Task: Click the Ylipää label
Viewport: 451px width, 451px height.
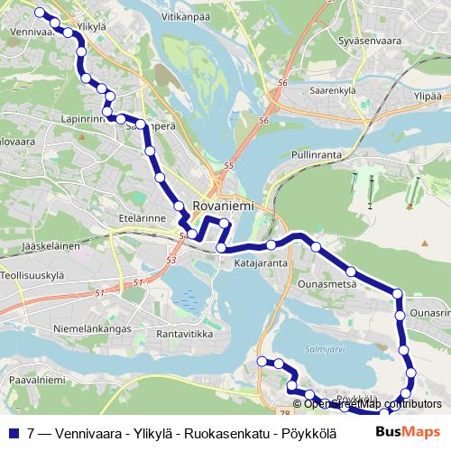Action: tap(427, 96)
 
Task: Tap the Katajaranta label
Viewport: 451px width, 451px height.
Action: tap(261, 263)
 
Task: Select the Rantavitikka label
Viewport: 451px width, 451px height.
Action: tap(184, 334)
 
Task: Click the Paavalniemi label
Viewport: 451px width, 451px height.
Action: tap(32, 381)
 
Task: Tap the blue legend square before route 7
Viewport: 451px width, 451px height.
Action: tap(13, 433)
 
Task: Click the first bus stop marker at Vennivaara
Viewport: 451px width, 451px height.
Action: tap(39, 13)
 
